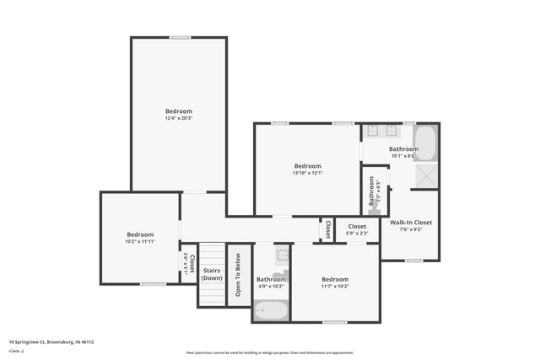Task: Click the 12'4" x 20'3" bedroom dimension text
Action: (178, 118)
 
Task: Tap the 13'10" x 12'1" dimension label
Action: (307, 173)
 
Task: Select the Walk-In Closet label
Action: (410, 223)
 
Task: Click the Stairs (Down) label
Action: (212, 274)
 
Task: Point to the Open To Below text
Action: (239, 275)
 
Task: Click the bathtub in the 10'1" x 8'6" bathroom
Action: (424, 143)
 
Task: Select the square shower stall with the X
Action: (426, 176)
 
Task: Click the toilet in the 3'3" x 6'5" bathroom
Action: (370, 179)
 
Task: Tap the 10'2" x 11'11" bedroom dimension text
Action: (140, 242)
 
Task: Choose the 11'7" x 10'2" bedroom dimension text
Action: (334, 287)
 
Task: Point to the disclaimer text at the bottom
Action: (269, 352)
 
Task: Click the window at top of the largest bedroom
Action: (179, 37)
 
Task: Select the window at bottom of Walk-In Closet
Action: (413, 261)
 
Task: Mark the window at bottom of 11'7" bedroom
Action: (334, 322)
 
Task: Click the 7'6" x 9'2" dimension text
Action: (410, 229)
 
